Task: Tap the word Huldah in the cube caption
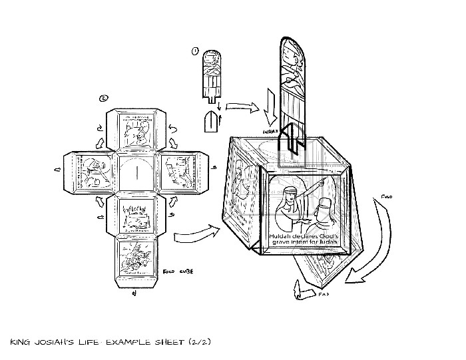[283, 238]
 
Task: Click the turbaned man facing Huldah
[325, 216]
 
